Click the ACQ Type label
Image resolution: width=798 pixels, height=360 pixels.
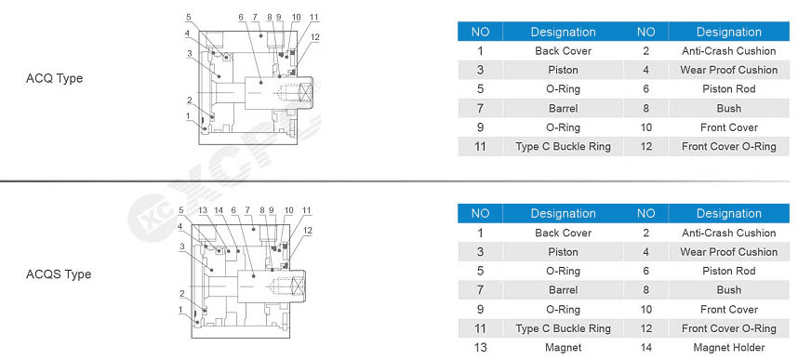click(54, 78)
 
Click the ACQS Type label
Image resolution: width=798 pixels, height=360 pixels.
click(59, 274)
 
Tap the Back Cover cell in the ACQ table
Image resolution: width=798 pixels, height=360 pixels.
click(563, 51)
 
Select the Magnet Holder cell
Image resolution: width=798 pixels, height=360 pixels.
click(729, 348)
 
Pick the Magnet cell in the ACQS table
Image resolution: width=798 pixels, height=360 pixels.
click(563, 348)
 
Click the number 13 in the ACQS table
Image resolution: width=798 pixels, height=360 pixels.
click(480, 348)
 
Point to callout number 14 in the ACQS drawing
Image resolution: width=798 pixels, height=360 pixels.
click(219, 210)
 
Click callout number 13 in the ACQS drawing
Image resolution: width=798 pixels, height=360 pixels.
click(203, 210)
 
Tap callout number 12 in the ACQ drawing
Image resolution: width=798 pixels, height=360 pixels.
click(315, 36)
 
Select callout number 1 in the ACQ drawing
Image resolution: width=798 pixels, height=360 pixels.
click(188, 115)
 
